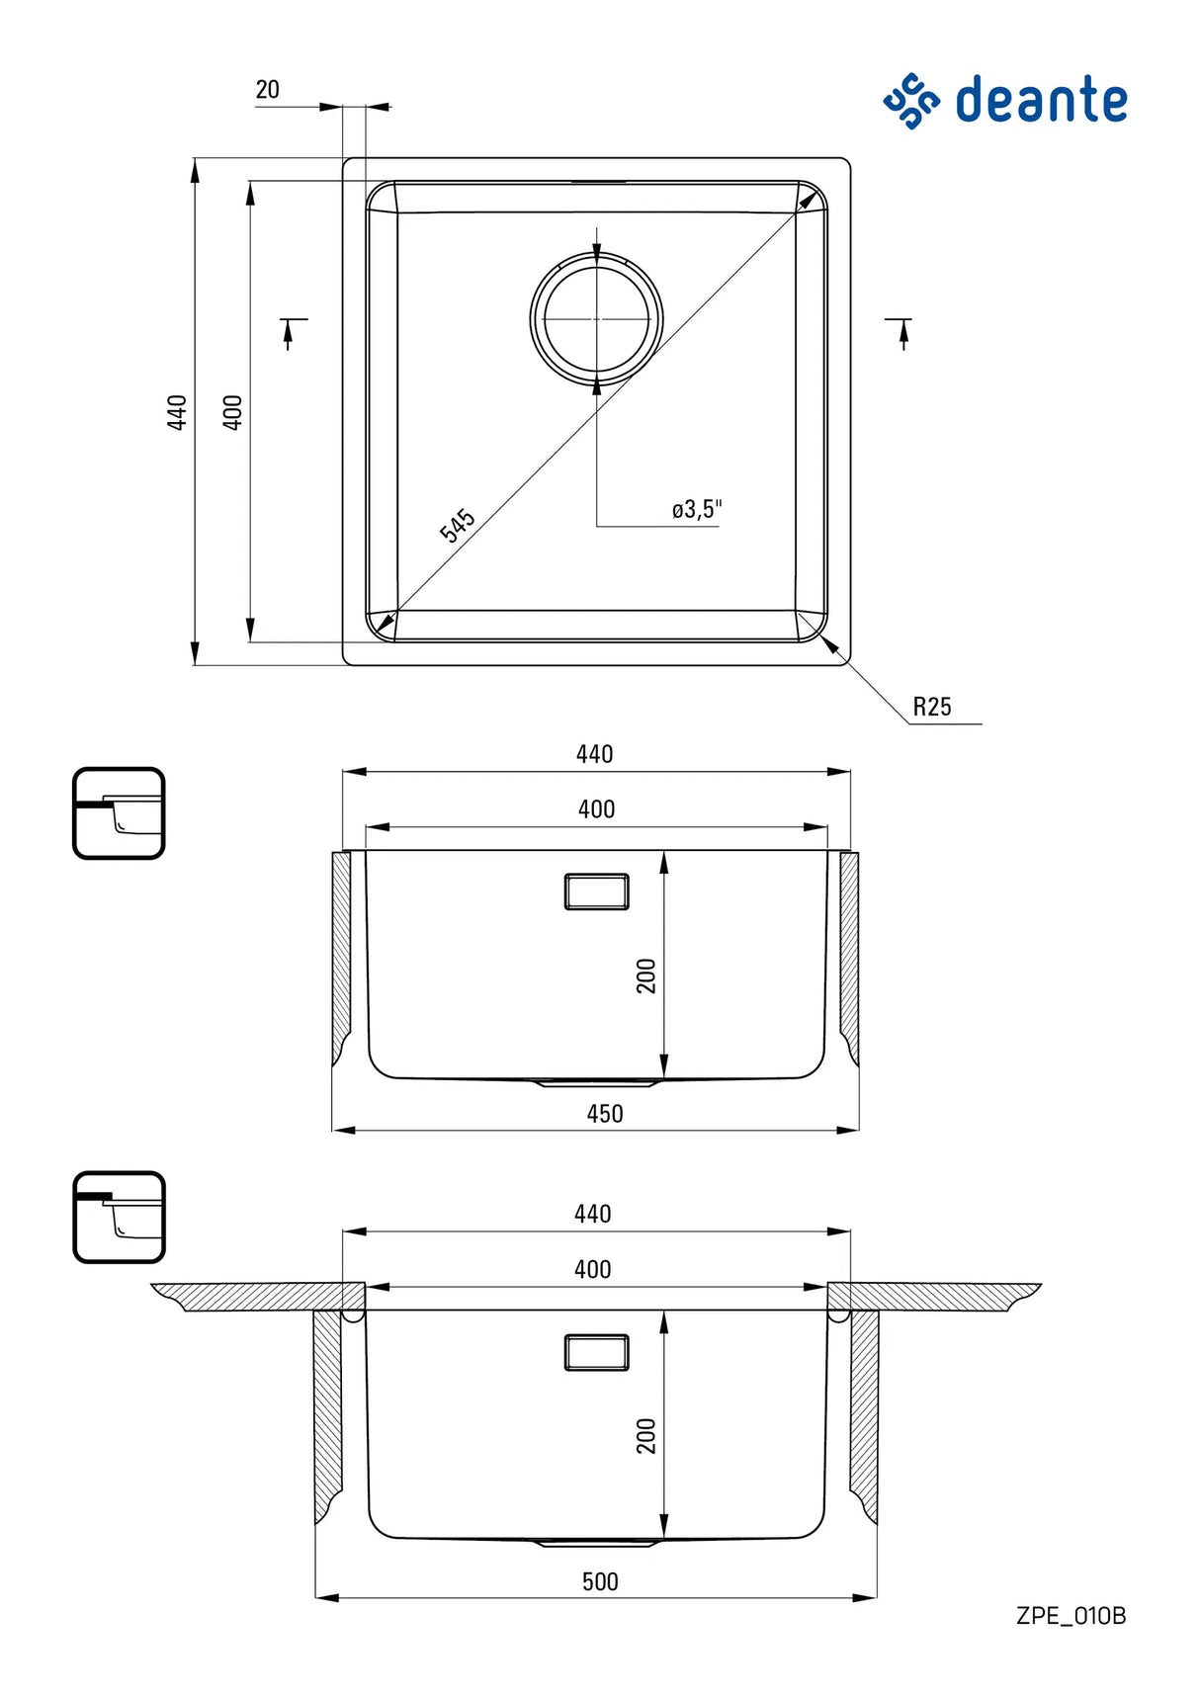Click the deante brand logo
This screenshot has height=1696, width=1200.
tap(1005, 101)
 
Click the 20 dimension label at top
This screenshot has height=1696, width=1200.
tap(267, 90)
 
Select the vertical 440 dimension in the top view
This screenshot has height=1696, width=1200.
tap(177, 411)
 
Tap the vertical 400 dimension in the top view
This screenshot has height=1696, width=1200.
tap(232, 411)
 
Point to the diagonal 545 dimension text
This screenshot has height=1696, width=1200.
tap(457, 525)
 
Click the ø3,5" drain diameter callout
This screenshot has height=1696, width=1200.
tap(697, 509)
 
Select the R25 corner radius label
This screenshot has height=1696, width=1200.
tap(931, 707)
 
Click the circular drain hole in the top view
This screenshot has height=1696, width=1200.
tap(596, 318)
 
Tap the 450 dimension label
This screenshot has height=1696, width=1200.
tap(604, 1114)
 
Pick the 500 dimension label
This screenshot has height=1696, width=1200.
tap(600, 1581)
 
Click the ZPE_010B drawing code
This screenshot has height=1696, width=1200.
tap(1071, 1616)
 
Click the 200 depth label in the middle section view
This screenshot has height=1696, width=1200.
tap(646, 975)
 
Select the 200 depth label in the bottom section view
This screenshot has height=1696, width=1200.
tap(646, 1435)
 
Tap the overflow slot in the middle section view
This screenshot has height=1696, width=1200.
tap(596, 890)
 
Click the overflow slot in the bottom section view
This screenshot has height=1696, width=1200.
tap(596, 1352)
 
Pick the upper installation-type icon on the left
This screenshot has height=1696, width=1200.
tap(119, 813)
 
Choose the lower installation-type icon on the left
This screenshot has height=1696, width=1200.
tap(119, 1217)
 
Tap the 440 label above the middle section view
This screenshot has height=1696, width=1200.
tap(594, 754)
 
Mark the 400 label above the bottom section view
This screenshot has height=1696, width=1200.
tap(592, 1269)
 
